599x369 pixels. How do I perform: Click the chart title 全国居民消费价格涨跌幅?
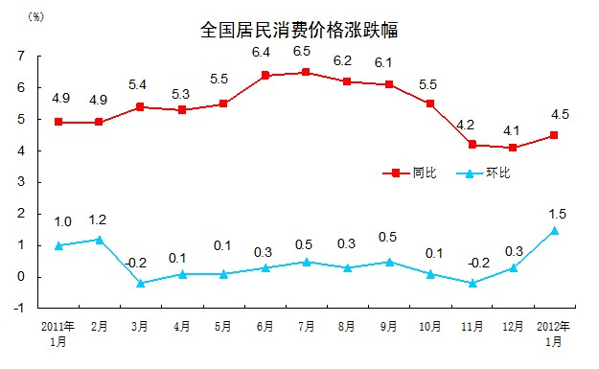point(299,30)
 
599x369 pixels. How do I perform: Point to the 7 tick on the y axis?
point(22,56)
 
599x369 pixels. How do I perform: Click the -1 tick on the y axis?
point(20,309)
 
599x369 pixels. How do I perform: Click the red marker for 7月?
point(306,72)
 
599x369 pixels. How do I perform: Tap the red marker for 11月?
point(472,145)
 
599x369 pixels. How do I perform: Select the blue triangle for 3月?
point(140,283)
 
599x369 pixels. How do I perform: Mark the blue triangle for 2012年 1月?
point(554,230)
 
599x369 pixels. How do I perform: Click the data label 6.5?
point(306,51)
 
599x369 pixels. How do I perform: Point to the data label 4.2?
point(472,124)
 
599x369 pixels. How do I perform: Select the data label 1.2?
point(99,218)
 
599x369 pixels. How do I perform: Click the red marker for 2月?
point(99,122)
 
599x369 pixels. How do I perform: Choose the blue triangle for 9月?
point(388,261)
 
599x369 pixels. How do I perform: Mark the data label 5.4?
point(140,85)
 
